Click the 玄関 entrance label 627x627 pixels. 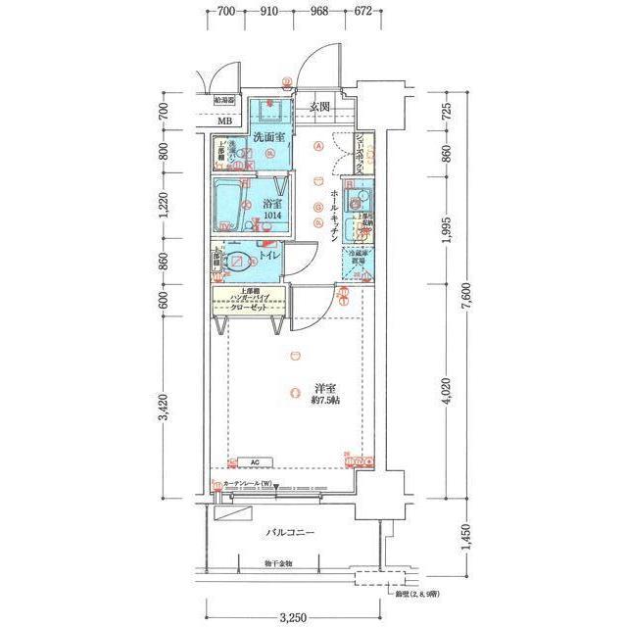(x=321, y=106)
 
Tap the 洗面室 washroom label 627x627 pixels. (x=268, y=136)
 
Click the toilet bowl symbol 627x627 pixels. (x=239, y=262)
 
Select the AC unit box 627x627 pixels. (x=254, y=462)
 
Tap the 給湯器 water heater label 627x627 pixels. (x=223, y=100)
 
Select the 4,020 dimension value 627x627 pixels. (x=447, y=392)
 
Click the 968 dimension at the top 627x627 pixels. (x=319, y=12)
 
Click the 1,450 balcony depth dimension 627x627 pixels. (x=447, y=538)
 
